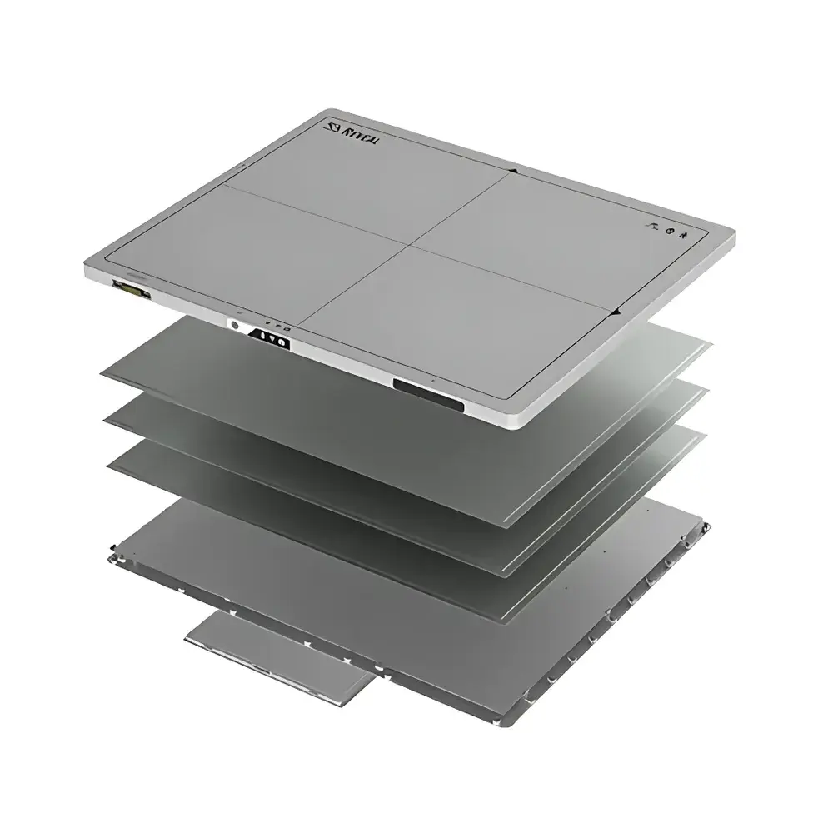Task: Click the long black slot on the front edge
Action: click(x=428, y=392)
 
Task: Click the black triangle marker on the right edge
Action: click(x=615, y=312)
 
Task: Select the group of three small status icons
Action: click(x=666, y=233)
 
